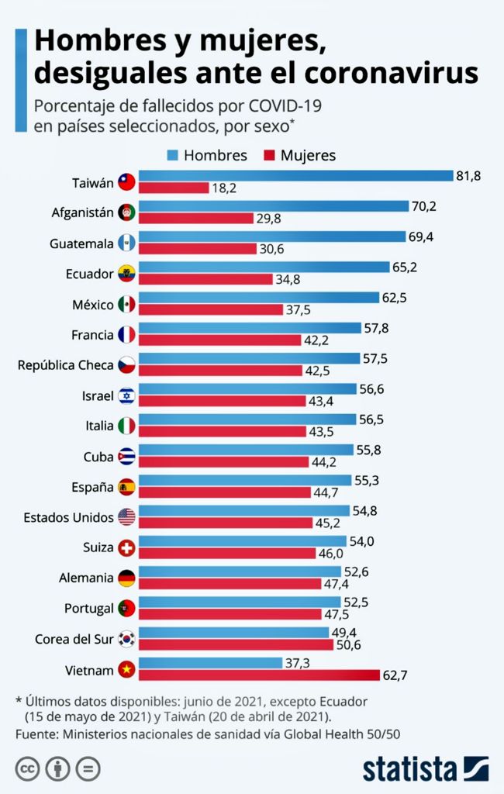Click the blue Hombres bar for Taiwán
tap(295, 176)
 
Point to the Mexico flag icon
tap(126, 304)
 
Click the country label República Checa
tap(66, 364)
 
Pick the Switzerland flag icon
tap(126, 547)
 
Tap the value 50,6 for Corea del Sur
tap(348, 644)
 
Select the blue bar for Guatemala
tap(271, 236)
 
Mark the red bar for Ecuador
tap(205, 279)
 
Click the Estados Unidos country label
tap(69, 517)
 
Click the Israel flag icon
tap(126, 395)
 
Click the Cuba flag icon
tap(126, 456)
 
